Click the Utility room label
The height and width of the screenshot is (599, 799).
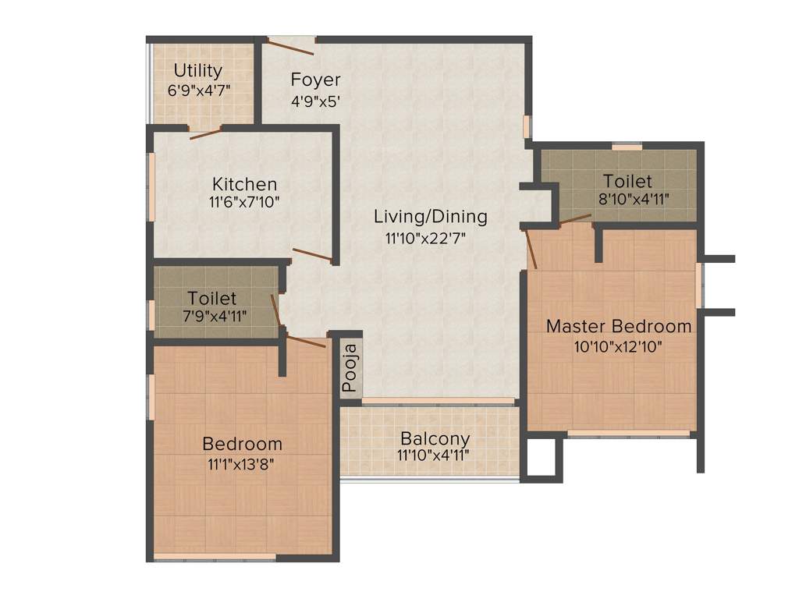[x=198, y=71]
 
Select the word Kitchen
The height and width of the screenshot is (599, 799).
[x=245, y=185]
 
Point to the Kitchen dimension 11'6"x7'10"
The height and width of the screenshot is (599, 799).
[x=245, y=202]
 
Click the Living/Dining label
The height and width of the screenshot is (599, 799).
[x=430, y=217]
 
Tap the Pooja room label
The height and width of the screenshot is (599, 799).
[x=350, y=367]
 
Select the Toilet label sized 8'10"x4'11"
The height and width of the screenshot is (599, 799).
[x=627, y=182]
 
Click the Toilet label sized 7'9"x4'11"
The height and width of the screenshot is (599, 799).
[x=211, y=299]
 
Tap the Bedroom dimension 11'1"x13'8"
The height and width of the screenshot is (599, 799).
[x=242, y=464]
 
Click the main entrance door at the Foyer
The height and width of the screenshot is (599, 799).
[x=290, y=45]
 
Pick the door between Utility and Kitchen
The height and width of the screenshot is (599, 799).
[x=206, y=133]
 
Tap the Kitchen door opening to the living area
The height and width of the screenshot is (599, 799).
[x=314, y=256]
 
